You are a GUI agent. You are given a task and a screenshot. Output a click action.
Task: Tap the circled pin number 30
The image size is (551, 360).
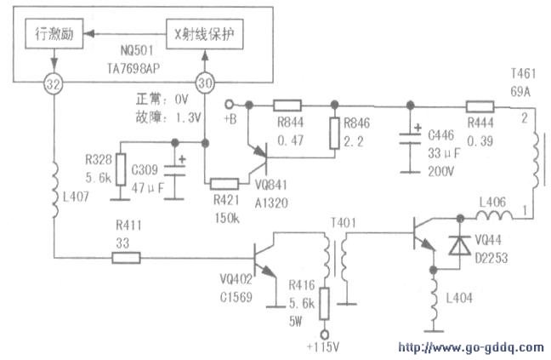point(203,83)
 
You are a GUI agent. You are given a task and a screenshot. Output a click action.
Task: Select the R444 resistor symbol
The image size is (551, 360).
point(481,106)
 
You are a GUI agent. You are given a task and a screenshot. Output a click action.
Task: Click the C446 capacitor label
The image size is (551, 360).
point(441,134)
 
